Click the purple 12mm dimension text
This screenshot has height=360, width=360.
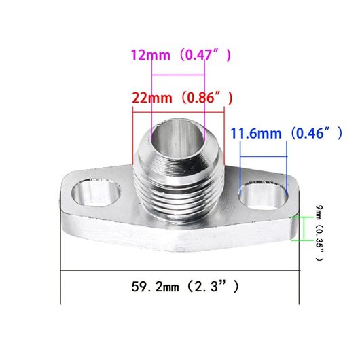coord(151,55)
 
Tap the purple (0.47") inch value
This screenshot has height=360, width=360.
coord(205,55)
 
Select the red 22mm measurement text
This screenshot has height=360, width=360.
coord(152,98)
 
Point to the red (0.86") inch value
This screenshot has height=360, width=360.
coord(207,98)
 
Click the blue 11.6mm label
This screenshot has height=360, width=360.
coord(256,133)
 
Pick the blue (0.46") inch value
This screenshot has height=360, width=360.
coord(317,133)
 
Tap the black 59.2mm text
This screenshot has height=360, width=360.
coord(155,287)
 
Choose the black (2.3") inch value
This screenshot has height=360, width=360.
coord(213,287)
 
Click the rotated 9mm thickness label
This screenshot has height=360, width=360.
coord(319,213)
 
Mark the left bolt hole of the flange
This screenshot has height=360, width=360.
coord(96,192)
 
